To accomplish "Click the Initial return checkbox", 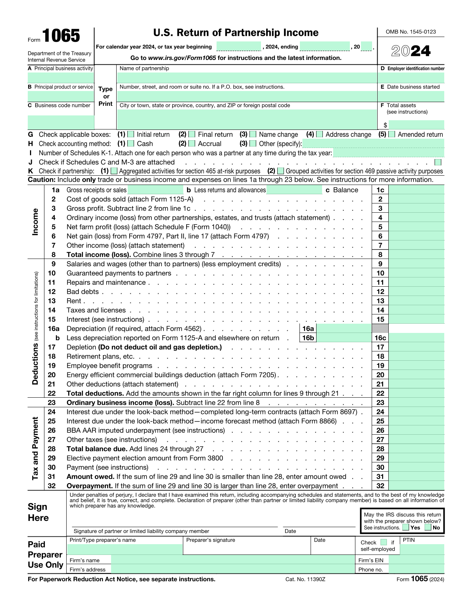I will pos(130,134).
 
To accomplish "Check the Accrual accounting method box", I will pos(192,144).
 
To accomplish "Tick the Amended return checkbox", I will pos(392,134).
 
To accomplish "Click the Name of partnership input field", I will pos(247,78).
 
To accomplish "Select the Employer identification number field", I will pos(411,78).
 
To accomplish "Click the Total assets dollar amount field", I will pos(416,125).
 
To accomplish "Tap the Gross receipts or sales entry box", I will pos(155,190).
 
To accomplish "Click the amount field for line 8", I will pos(416,255).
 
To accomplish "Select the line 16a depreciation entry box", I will pos(344,328).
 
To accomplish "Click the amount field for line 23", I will pos(416,402).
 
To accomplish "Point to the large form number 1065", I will pos(61,36).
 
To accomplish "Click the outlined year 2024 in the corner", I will pos(411,51).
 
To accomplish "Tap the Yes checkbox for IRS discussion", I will pos(406,528).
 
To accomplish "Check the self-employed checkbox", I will pos(384,542).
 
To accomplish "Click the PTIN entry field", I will pos(422,549).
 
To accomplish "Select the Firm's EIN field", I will pos(416,560).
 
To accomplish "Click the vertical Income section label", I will pos(35,222).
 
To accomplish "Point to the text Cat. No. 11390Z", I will pos(305,579).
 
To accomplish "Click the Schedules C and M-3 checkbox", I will pos(438,162).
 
